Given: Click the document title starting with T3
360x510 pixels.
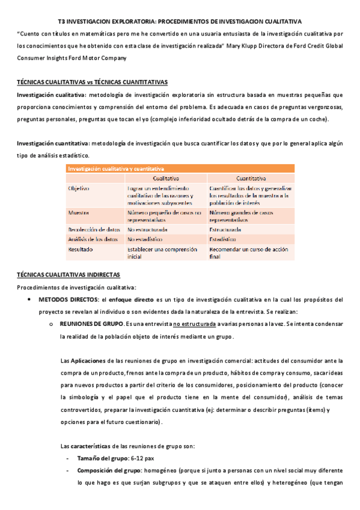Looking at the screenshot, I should (180, 20).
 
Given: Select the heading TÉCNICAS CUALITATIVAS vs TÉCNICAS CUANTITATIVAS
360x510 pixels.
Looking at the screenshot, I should (93, 82).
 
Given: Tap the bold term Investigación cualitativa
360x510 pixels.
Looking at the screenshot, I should (51, 95).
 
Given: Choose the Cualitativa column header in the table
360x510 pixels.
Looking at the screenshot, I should (165, 179).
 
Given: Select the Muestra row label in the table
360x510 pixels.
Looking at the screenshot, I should (79, 213).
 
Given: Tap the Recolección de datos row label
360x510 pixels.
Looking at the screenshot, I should (94, 230).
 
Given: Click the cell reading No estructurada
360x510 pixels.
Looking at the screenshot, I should (147, 230).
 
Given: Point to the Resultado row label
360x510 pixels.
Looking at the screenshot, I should (81, 248).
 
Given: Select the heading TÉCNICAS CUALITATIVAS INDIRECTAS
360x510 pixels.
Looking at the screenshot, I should (68, 275).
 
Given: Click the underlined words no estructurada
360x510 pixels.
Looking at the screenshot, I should (194, 324).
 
